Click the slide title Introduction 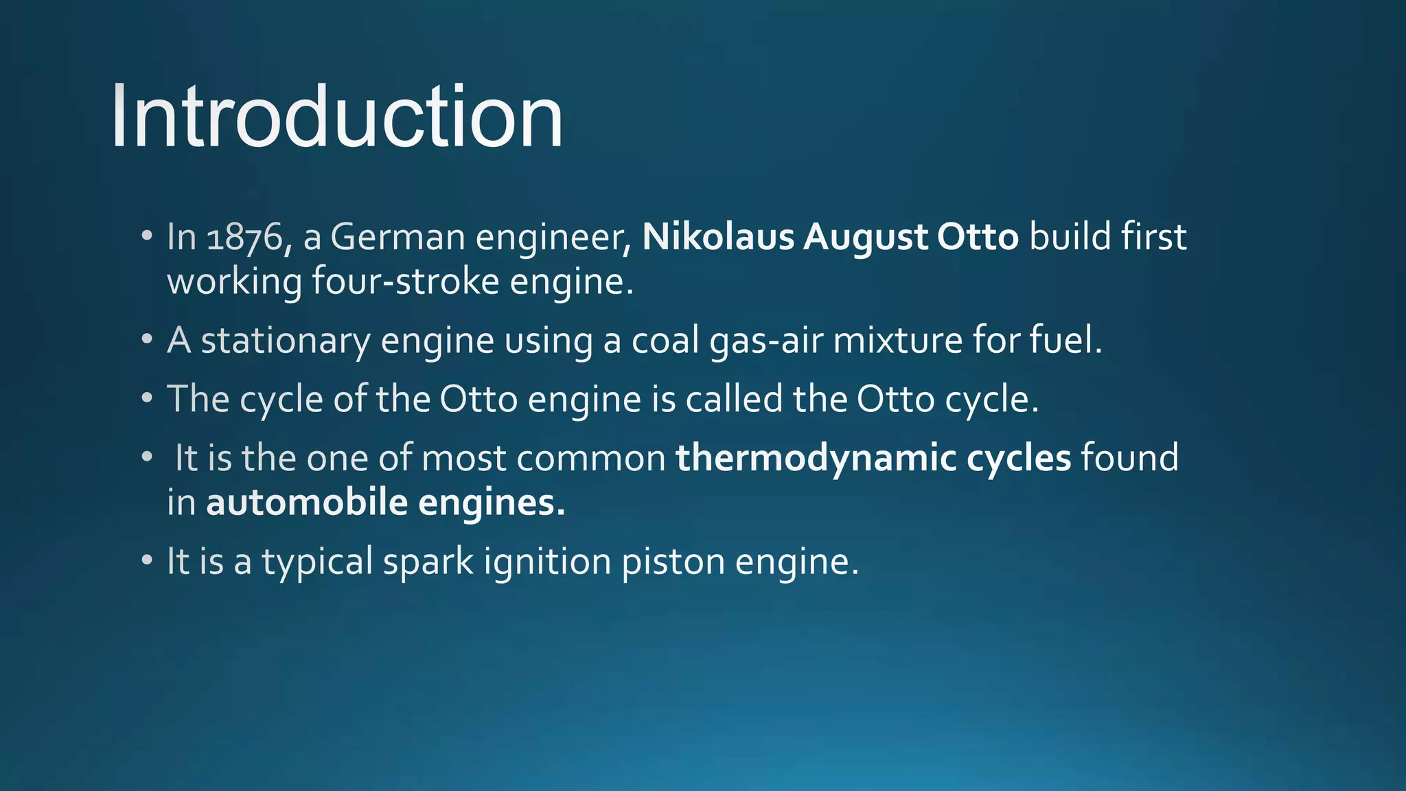pyautogui.click(x=336, y=117)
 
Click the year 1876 pyautogui.click(x=244, y=238)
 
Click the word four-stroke pyautogui.click(x=405, y=282)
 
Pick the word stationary pyautogui.click(x=285, y=341)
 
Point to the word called pyautogui.click(x=734, y=399)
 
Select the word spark pyautogui.click(x=428, y=562)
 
